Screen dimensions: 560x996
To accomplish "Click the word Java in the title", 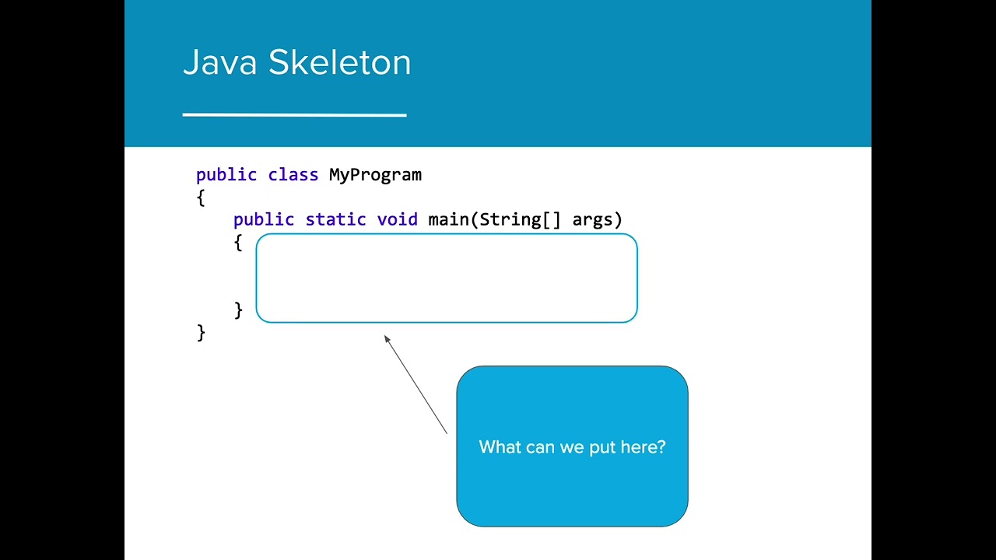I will [x=219, y=63].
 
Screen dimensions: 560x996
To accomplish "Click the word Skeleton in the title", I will [x=339, y=63].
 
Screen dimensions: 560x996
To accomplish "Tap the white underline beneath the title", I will [x=294, y=115].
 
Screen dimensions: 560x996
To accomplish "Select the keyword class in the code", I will [x=293, y=175].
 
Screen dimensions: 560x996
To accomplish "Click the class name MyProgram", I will [x=375, y=175].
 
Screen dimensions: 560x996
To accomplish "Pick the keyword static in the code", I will [x=335, y=220].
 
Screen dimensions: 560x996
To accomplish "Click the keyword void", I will [x=397, y=220].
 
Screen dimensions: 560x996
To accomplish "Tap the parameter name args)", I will [x=597, y=220].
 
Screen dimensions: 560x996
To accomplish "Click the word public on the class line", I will [x=226, y=175].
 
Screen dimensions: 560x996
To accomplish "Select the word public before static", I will [x=263, y=220].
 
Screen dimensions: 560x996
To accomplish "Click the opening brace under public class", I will [x=201, y=198].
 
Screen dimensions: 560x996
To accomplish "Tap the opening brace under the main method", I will [x=238, y=243].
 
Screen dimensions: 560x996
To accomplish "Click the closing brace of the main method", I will [x=238, y=310].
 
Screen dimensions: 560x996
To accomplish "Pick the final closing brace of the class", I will [x=201, y=333].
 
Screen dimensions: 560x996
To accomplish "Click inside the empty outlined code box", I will [x=446, y=278].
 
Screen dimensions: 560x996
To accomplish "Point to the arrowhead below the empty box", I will [x=388, y=339].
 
